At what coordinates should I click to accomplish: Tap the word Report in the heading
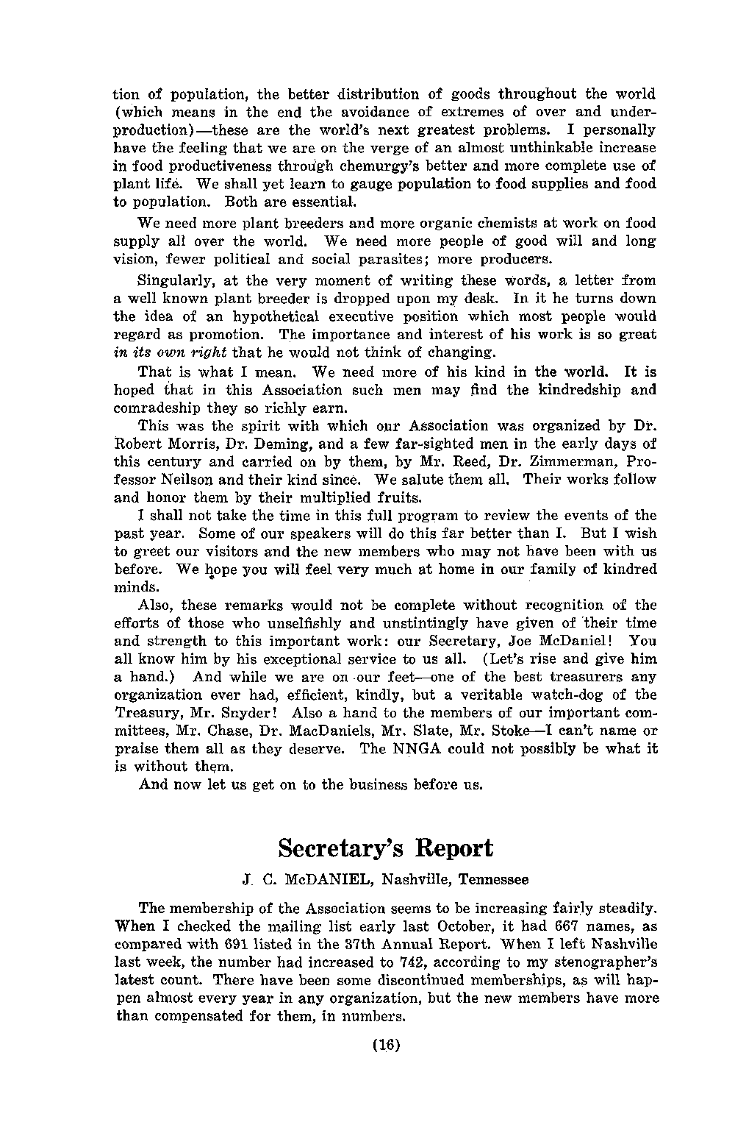pyautogui.click(x=453, y=848)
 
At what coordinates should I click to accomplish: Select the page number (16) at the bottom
pyautogui.click(x=385, y=1045)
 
